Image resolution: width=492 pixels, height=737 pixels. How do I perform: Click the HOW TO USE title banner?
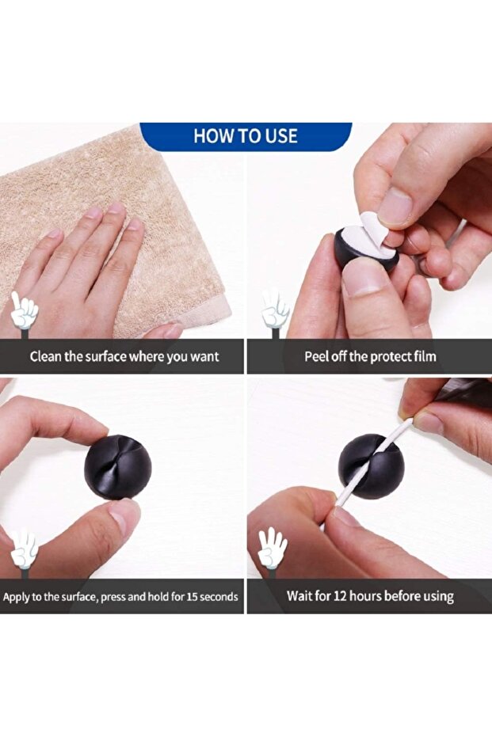point(246,136)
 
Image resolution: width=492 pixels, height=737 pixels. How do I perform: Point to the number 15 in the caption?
point(192,596)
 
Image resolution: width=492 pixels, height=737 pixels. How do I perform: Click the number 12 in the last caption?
point(340,596)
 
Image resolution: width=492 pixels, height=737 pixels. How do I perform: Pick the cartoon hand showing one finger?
point(24,310)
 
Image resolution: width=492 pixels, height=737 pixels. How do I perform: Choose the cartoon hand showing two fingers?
point(275,309)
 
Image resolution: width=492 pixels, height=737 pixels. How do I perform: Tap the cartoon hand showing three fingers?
point(24,549)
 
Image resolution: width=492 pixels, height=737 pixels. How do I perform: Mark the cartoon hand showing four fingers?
point(273,546)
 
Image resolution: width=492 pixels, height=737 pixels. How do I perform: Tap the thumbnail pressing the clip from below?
point(124,516)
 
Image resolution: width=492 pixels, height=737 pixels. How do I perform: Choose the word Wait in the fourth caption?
point(299,596)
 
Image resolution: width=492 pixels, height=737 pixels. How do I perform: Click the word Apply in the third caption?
point(16,598)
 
